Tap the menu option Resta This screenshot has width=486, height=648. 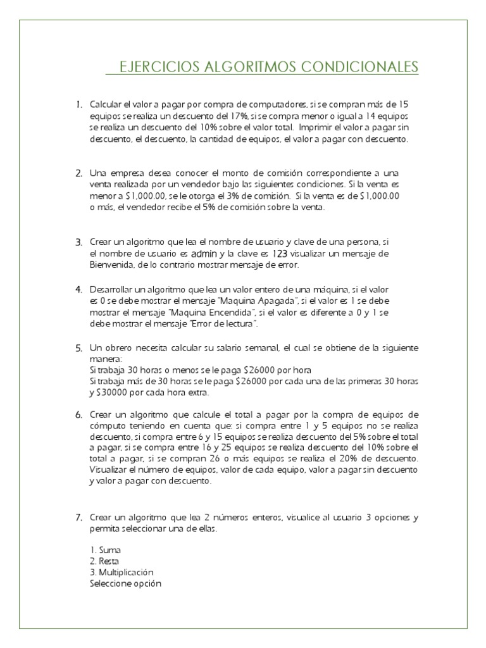point(104,561)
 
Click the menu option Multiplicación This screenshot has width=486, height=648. point(121,572)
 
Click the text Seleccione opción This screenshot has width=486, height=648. point(126,583)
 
